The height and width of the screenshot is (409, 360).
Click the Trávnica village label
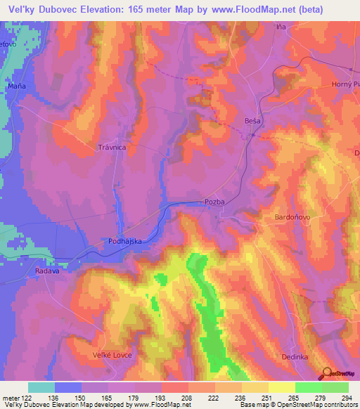111,148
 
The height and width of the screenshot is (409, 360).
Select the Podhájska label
125,241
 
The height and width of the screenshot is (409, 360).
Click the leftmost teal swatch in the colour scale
41,387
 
